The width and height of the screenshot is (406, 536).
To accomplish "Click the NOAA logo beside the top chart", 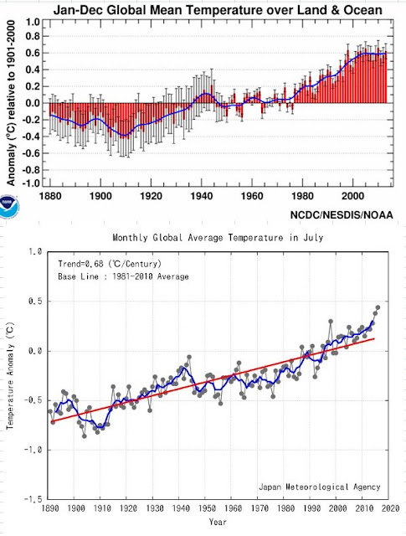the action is click(x=9, y=206).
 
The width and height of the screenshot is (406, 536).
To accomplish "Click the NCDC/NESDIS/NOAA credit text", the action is click(x=342, y=215).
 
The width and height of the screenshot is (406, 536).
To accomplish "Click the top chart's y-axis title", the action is click(x=11, y=103).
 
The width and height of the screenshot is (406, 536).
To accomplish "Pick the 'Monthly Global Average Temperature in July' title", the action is click(x=218, y=237).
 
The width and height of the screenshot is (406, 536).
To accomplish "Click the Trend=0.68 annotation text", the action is click(x=110, y=264).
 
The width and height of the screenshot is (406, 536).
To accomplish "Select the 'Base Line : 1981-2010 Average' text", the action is click(x=123, y=276).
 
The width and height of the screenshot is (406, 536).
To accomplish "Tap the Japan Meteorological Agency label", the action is click(x=319, y=487).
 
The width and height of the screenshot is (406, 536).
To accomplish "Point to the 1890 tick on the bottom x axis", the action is click(x=51, y=508).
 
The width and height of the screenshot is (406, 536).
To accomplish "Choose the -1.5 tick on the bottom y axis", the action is click(x=33, y=499).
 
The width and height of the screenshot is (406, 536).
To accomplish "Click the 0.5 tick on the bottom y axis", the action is click(x=35, y=301).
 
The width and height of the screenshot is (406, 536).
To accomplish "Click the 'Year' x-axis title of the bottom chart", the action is click(x=218, y=522).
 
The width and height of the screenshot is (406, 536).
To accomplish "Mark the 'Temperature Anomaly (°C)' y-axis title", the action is click(x=9, y=375).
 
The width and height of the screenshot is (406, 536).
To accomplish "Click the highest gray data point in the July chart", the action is click(x=378, y=307).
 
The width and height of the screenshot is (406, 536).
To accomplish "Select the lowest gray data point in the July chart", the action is click(x=85, y=435).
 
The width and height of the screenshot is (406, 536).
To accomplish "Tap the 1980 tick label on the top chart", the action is click(x=303, y=196).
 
